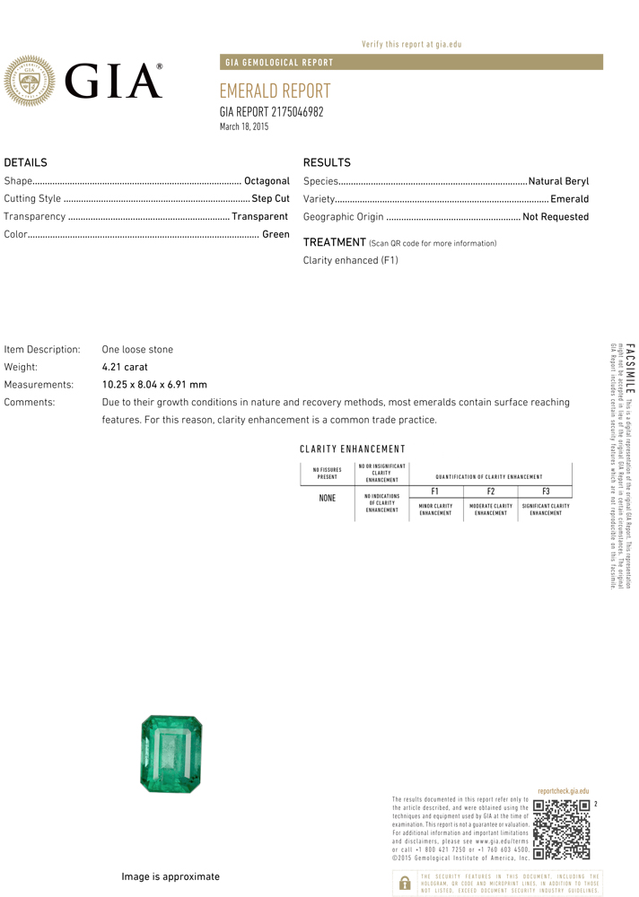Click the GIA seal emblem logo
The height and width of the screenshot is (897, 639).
point(31,81)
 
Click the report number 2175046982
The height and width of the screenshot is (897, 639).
point(297,112)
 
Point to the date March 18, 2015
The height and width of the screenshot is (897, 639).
point(244,127)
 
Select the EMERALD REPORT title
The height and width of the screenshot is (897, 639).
point(275,91)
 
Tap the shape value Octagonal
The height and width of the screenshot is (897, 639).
point(267,181)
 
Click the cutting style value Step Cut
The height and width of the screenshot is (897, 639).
point(270,199)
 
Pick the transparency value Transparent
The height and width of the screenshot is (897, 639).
point(259,216)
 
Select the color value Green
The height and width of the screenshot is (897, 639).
point(276,234)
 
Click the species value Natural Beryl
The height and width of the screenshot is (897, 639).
point(558,181)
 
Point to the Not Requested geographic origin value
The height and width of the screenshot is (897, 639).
point(556,217)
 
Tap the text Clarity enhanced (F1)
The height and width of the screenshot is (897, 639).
point(350,261)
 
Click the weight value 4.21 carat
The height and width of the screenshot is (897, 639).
point(125,367)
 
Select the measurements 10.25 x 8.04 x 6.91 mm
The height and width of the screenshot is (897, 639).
point(154,385)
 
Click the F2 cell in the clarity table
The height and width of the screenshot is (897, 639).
point(490,492)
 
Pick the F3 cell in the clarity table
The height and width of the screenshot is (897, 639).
point(545,492)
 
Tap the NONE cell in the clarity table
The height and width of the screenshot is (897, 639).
point(328,498)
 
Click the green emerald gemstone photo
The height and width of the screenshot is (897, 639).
point(171,753)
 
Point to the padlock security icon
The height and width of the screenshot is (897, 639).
point(404,883)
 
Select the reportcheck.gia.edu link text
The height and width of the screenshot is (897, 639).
point(563,791)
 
